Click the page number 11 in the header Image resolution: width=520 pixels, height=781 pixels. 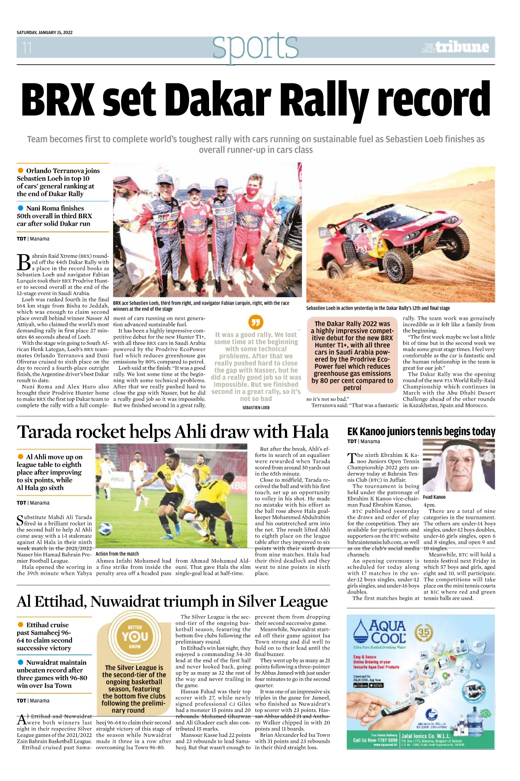point(27,47)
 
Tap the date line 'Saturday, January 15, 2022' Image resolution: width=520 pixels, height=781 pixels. point(45,33)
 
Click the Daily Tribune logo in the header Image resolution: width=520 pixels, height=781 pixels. point(456,47)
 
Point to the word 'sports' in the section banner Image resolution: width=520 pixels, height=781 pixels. point(255,46)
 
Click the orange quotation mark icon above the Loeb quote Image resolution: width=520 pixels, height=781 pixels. point(256,322)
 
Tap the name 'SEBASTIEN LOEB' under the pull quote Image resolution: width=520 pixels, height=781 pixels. point(256,407)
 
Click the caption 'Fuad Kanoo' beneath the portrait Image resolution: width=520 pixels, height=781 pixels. point(434,497)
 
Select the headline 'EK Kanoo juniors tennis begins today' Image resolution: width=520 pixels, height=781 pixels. point(421,432)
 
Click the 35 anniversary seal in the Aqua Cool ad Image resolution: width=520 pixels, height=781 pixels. point(424,633)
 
